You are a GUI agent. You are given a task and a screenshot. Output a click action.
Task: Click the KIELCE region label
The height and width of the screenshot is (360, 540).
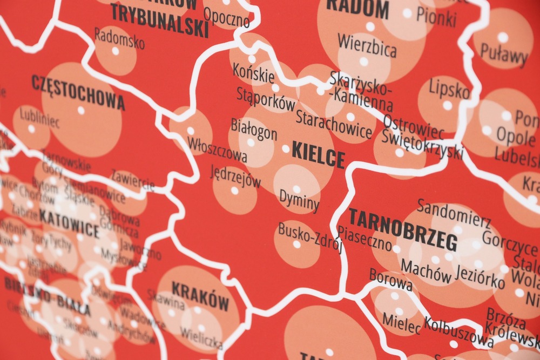coord(318,155)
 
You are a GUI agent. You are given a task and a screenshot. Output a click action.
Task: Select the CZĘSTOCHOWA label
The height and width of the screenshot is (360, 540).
coord(78,92)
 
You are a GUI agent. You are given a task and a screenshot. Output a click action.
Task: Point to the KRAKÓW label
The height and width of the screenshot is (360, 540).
coord(200,296)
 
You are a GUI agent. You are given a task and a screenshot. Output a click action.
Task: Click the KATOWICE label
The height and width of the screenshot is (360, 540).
coord(69,225)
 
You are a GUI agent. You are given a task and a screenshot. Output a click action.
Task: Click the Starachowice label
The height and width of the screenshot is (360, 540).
coord(334,125)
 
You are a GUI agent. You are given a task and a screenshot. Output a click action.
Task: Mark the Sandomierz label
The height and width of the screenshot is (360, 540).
coord(454,214)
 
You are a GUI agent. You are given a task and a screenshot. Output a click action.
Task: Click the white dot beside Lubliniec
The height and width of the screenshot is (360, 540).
coord(31,129)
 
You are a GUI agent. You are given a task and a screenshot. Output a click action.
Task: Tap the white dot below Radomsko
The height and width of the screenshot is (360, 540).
coord(115,51)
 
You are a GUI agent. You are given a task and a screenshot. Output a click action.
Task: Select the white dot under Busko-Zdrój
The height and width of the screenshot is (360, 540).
coord(296,244)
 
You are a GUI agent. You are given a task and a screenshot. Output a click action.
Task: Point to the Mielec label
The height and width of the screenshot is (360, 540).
coord(401,322)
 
